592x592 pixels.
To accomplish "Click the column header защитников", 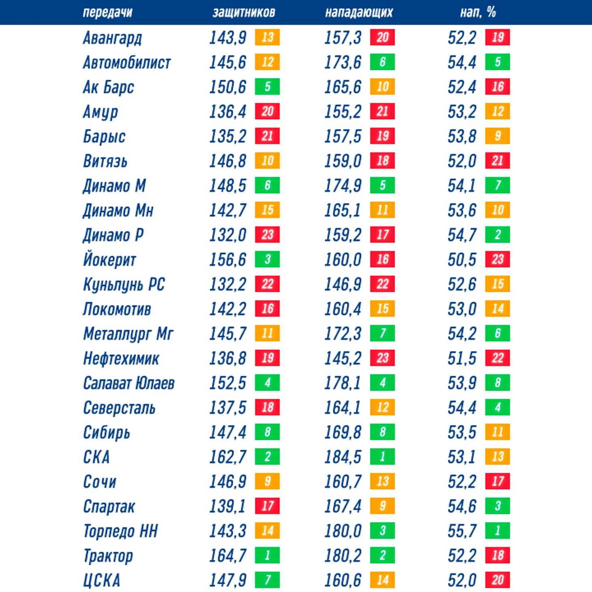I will coord(244,13).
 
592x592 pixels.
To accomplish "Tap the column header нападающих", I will coord(359,13).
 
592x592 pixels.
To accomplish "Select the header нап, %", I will coord(478,13).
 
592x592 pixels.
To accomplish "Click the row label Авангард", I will coord(112,38).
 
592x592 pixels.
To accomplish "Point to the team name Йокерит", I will coord(109,260).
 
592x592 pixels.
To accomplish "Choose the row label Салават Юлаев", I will coord(129,383).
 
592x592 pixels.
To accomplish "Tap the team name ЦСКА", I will coord(101,580).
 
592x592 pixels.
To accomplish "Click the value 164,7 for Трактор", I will coord(227,556).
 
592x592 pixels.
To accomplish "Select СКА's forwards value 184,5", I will coord(343,457).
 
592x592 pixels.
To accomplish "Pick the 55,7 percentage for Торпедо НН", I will coord(462,531).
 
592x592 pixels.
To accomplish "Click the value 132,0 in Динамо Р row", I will coord(227,235).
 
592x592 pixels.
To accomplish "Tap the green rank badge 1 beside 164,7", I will coord(267,555).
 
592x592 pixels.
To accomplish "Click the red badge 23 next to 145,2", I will coord(382,358).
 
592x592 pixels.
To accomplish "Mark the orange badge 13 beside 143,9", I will coord(267,37).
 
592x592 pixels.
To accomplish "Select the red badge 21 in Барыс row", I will coord(267,136).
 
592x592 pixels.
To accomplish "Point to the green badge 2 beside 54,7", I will coord(498,235).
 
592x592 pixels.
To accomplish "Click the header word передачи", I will coord(107,13).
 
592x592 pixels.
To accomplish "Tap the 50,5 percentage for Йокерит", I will coord(462,260).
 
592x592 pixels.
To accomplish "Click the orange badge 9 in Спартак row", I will coord(382,506).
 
